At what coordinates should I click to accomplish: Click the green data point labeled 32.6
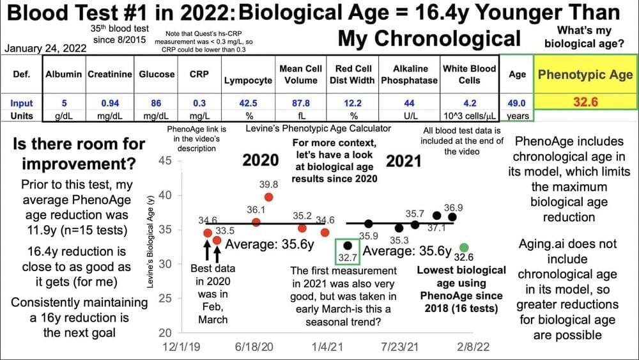tap(465, 247)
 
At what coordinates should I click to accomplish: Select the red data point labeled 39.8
tap(269, 197)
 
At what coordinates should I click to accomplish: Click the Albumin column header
tap(63, 74)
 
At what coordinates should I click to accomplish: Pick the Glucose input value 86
tap(157, 103)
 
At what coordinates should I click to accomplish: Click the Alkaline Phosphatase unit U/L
tap(409, 116)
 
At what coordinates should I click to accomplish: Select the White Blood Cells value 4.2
tap(469, 103)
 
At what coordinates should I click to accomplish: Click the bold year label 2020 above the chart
tap(260, 159)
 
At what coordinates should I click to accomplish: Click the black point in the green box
tap(348, 245)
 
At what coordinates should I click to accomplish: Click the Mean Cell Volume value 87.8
tap(300, 103)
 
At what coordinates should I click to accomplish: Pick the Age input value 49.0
tap(516, 103)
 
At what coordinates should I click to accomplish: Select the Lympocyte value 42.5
tap(247, 103)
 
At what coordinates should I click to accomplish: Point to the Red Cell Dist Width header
tap(355, 74)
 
